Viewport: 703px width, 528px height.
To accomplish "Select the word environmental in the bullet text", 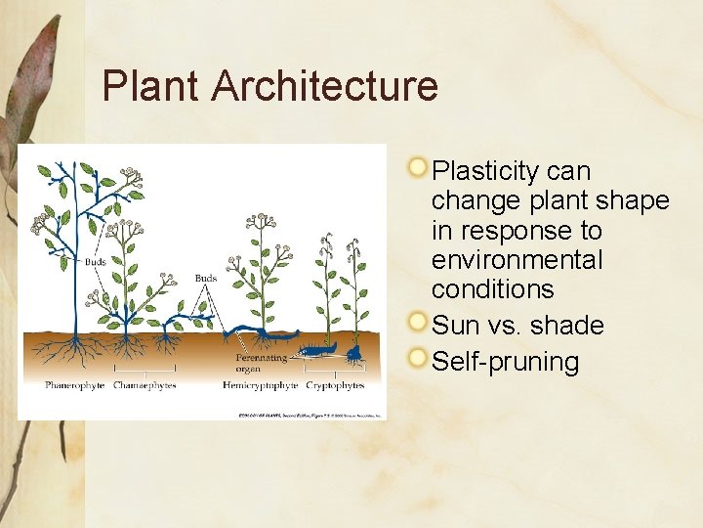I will [517, 260].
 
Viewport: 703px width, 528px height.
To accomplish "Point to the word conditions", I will [492, 289].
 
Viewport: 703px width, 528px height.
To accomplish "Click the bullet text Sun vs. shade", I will [517, 325].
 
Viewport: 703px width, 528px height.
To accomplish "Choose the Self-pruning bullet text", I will [505, 361].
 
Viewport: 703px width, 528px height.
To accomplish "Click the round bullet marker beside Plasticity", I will [418, 167].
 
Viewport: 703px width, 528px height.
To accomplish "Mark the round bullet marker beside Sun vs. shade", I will [418, 321].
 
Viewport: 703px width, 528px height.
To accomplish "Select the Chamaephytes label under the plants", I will [145, 385].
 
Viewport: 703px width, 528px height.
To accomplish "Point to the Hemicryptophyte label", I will [261, 385].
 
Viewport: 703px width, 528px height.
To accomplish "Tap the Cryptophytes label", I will [335, 385].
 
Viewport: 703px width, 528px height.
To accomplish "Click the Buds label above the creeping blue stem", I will [205, 279].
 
